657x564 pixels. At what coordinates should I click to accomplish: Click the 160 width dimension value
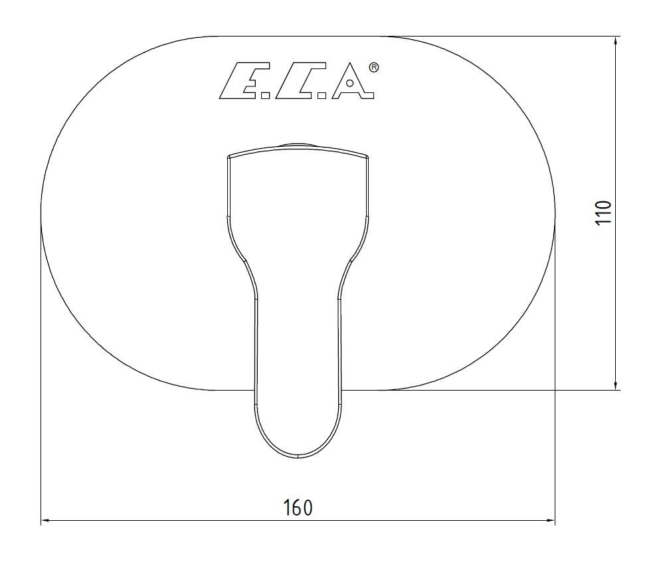coord(298,508)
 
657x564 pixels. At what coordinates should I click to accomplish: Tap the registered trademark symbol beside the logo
coord(374,68)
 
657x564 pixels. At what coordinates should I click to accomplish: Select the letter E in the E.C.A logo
coord(238,81)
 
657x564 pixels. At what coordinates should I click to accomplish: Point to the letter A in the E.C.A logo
coord(353,81)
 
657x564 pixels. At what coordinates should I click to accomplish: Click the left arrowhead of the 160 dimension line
coord(46,521)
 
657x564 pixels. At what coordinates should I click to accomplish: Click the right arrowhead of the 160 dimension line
coord(550,521)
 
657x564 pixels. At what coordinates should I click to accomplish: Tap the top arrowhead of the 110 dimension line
coord(615,41)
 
